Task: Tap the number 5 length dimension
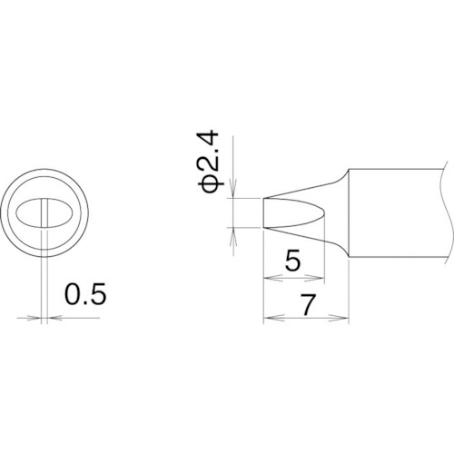(292, 262)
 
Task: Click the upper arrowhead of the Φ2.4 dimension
(234, 192)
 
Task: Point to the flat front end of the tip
(264, 213)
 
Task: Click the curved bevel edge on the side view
(318, 213)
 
